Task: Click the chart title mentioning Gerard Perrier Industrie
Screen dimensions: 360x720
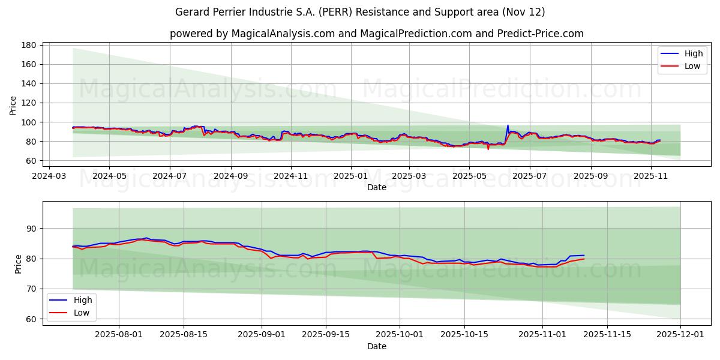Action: [x=360, y=12]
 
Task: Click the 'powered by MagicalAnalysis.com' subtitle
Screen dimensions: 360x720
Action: [x=376, y=34]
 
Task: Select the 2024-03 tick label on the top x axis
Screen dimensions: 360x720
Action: [x=49, y=176]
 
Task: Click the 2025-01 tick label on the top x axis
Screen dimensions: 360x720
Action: [x=350, y=176]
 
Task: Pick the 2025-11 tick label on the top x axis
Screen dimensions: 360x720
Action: [x=650, y=176]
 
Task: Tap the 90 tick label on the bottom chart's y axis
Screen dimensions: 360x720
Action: [x=32, y=229]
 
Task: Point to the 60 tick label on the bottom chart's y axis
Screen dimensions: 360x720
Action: [x=32, y=319]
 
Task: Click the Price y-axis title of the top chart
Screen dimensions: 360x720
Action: [x=13, y=106]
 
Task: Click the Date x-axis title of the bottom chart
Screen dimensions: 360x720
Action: [x=376, y=346]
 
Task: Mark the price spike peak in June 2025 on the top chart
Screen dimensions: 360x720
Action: [x=508, y=125]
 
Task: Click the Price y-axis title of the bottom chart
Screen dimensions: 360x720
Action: [x=18, y=263]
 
